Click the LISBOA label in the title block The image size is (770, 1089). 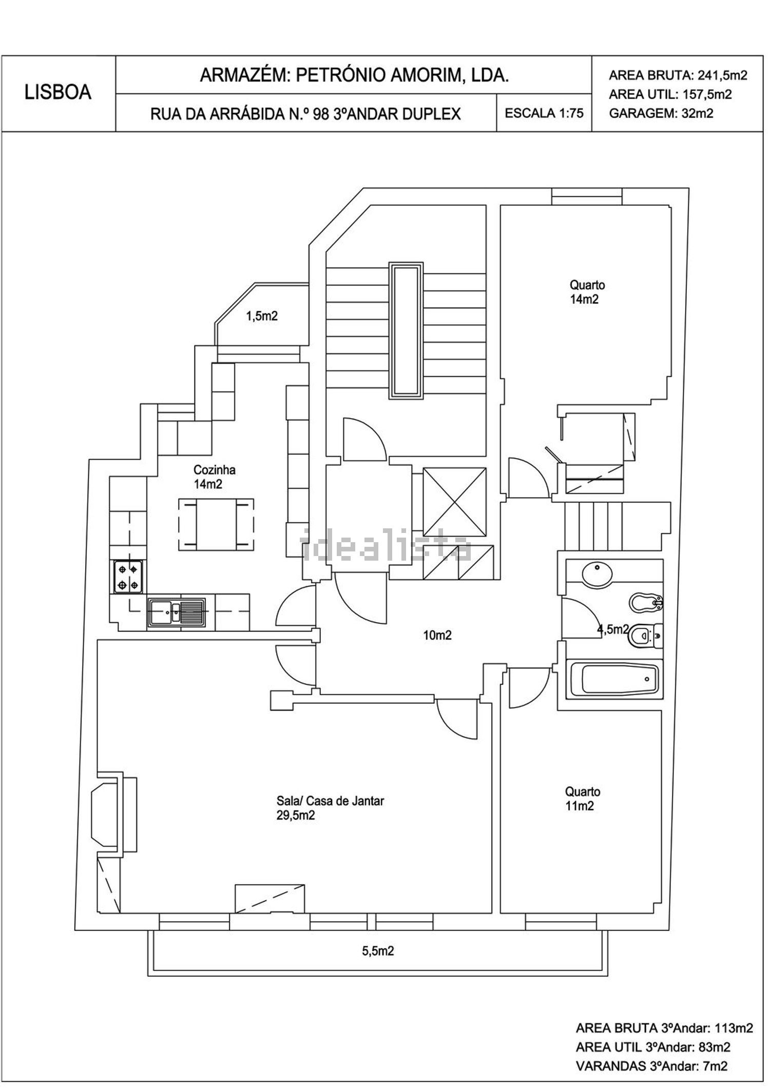[x=58, y=92]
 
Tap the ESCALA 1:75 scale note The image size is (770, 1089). [x=544, y=113]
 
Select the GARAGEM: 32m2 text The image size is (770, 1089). [x=661, y=114]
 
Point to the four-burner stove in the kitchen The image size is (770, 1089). [x=128, y=577]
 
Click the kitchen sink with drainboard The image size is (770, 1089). [x=177, y=612]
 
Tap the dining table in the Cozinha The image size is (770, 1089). [x=216, y=524]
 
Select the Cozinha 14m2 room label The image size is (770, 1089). [x=214, y=477]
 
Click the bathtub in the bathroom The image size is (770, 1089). [x=620, y=679]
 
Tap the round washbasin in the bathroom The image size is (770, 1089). [x=596, y=573]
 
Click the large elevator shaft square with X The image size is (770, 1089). [x=454, y=502]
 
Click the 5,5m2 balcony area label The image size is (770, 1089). [x=378, y=951]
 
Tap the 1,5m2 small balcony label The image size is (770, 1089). [x=262, y=316]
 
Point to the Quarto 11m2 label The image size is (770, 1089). [x=582, y=799]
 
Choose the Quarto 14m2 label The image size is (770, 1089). [x=587, y=292]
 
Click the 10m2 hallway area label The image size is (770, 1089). [x=437, y=636]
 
